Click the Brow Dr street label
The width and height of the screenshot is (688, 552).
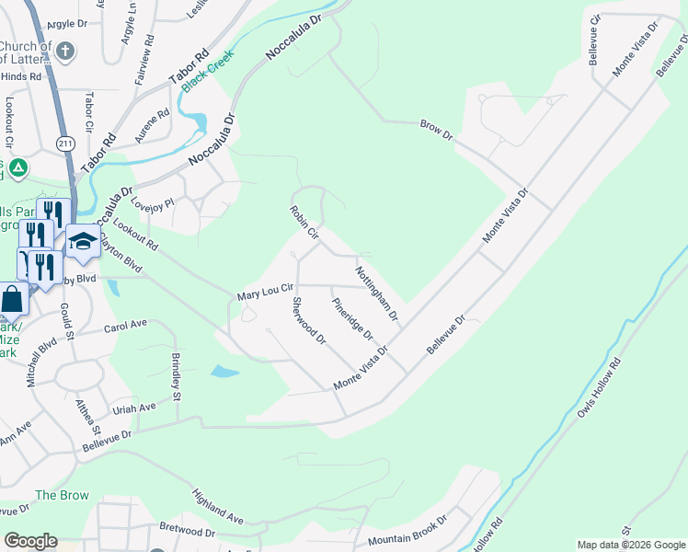(437, 130)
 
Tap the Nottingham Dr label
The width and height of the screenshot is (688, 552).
(376, 293)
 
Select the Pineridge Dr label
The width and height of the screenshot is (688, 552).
(352, 317)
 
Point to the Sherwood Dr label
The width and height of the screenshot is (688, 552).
(309, 321)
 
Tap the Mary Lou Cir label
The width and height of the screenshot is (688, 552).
(265, 293)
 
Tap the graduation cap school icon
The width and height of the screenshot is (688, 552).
(82, 242)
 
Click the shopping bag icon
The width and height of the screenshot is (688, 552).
(13, 300)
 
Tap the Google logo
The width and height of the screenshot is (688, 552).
(31, 541)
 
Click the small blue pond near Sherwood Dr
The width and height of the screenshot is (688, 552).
(224, 372)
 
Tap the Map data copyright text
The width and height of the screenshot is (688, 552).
(631, 545)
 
